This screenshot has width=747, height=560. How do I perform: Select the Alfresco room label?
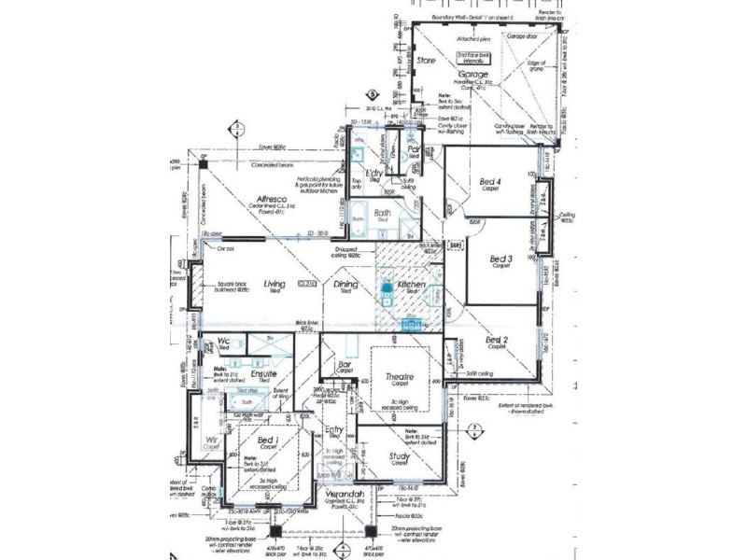(271, 199)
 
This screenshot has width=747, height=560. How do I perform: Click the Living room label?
(275, 285)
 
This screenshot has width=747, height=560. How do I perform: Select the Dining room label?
(346, 285)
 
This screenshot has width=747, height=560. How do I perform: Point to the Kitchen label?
(412, 284)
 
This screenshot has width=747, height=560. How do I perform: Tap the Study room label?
(400, 455)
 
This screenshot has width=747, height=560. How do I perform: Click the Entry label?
(335, 430)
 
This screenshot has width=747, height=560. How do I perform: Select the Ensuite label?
(263, 373)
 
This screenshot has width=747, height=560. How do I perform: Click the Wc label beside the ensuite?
(224, 341)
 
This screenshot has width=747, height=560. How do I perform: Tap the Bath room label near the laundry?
(382, 213)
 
